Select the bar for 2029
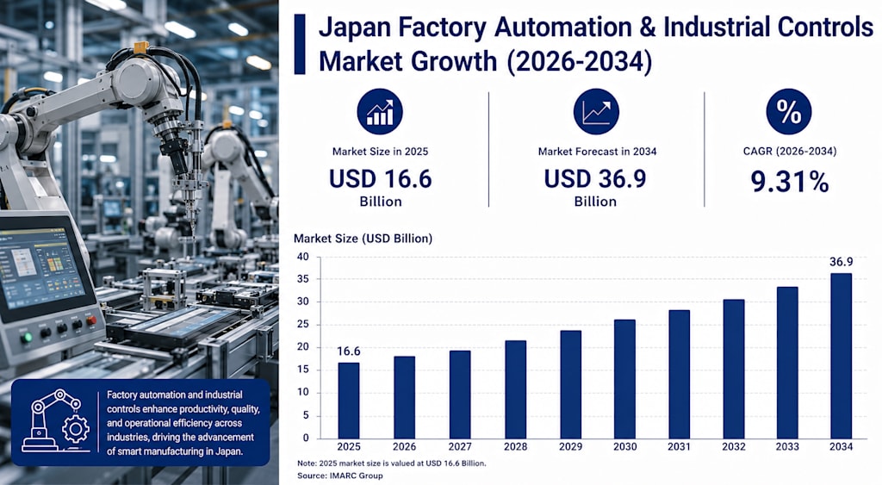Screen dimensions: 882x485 [x=570, y=384]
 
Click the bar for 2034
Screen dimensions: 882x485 [x=841, y=356]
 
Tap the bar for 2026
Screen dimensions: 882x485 [x=405, y=397]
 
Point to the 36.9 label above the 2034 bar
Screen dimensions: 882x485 [x=841, y=262]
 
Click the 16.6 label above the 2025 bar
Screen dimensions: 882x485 [x=349, y=351]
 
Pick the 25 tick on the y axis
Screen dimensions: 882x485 [x=302, y=324]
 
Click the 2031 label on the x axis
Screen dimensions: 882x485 [x=679, y=447]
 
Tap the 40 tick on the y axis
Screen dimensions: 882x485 [x=302, y=257]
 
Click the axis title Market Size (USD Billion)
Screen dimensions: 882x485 [x=363, y=239]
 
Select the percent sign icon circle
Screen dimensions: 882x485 [x=789, y=111]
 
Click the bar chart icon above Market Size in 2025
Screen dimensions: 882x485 [x=380, y=111]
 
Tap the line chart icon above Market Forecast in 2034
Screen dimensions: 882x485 [x=596, y=111]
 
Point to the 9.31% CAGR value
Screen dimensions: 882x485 [x=789, y=182]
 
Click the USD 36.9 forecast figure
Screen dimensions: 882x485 [x=595, y=179]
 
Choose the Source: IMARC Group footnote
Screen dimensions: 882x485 [x=339, y=476]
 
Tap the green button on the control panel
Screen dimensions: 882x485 [x=26, y=339]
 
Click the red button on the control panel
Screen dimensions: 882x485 [x=90, y=320]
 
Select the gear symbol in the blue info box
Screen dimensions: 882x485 [x=76, y=430]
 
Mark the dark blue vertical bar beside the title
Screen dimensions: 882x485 [x=300, y=45]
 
